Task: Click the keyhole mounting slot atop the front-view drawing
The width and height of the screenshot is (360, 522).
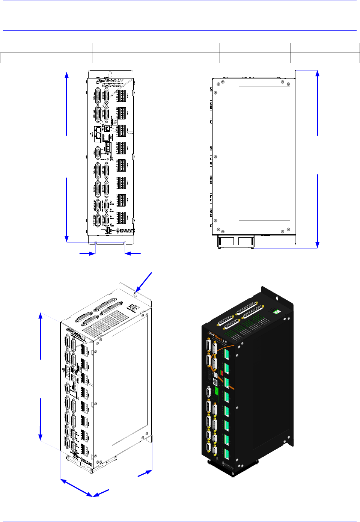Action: [x=110, y=74]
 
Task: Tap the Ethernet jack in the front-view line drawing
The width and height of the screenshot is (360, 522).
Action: [x=106, y=137]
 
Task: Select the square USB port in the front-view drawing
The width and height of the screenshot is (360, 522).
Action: [x=107, y=128]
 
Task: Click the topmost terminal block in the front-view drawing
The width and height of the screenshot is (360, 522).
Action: [x=121, y=96]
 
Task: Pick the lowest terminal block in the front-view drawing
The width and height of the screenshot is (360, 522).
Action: [x=121, y=218]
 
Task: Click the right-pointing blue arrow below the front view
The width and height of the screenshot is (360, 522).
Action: [x=87, y=254]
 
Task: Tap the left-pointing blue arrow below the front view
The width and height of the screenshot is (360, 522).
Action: [x=133, y=254]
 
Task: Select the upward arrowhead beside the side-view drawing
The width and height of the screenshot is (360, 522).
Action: [x=318, y=74]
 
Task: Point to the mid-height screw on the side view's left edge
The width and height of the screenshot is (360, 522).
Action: [x=215, y=157]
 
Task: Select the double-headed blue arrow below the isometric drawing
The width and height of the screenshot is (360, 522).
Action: [x=77, y=488]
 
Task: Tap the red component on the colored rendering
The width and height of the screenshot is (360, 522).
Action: [x=221, y=373]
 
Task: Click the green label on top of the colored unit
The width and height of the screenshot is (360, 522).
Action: [x=277, y=311]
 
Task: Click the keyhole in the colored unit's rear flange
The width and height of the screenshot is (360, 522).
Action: [x=277, y=298]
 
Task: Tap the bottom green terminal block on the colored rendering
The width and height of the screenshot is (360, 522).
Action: [x=226, y=454]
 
